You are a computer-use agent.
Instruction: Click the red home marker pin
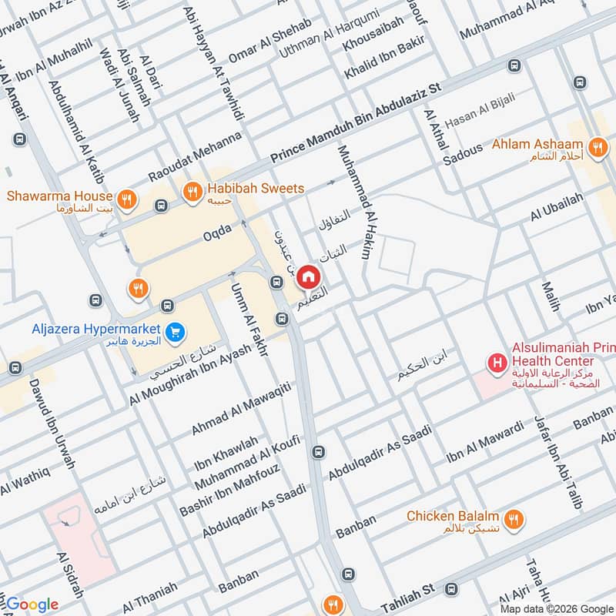[x=308, y=276]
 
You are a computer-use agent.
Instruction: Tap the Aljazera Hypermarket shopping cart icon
[x=176, y=333]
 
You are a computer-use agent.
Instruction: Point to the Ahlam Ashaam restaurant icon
[x=596, y=146]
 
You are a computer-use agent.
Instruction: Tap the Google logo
[x=31, y=604]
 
